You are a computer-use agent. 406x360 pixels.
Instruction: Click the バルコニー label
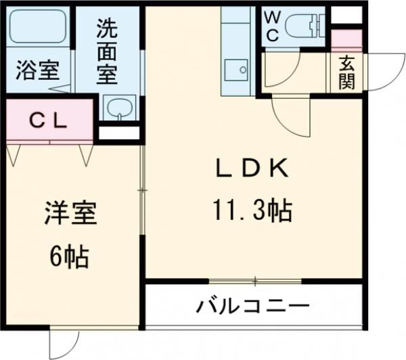point(254,307)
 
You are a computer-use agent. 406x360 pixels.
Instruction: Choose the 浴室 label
point(32,70)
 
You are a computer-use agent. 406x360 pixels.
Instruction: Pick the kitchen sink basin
point(237,71)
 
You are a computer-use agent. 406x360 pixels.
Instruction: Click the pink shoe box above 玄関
point(346,40)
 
